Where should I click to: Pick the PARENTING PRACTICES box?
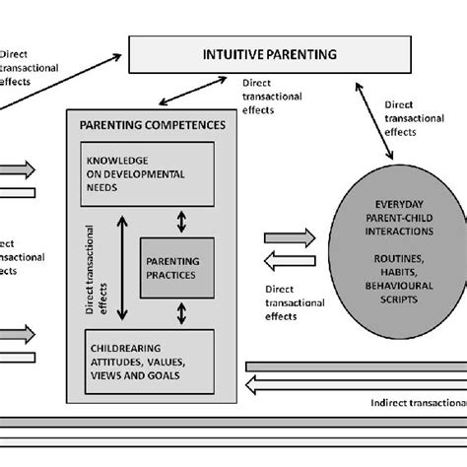tap(180, 266)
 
